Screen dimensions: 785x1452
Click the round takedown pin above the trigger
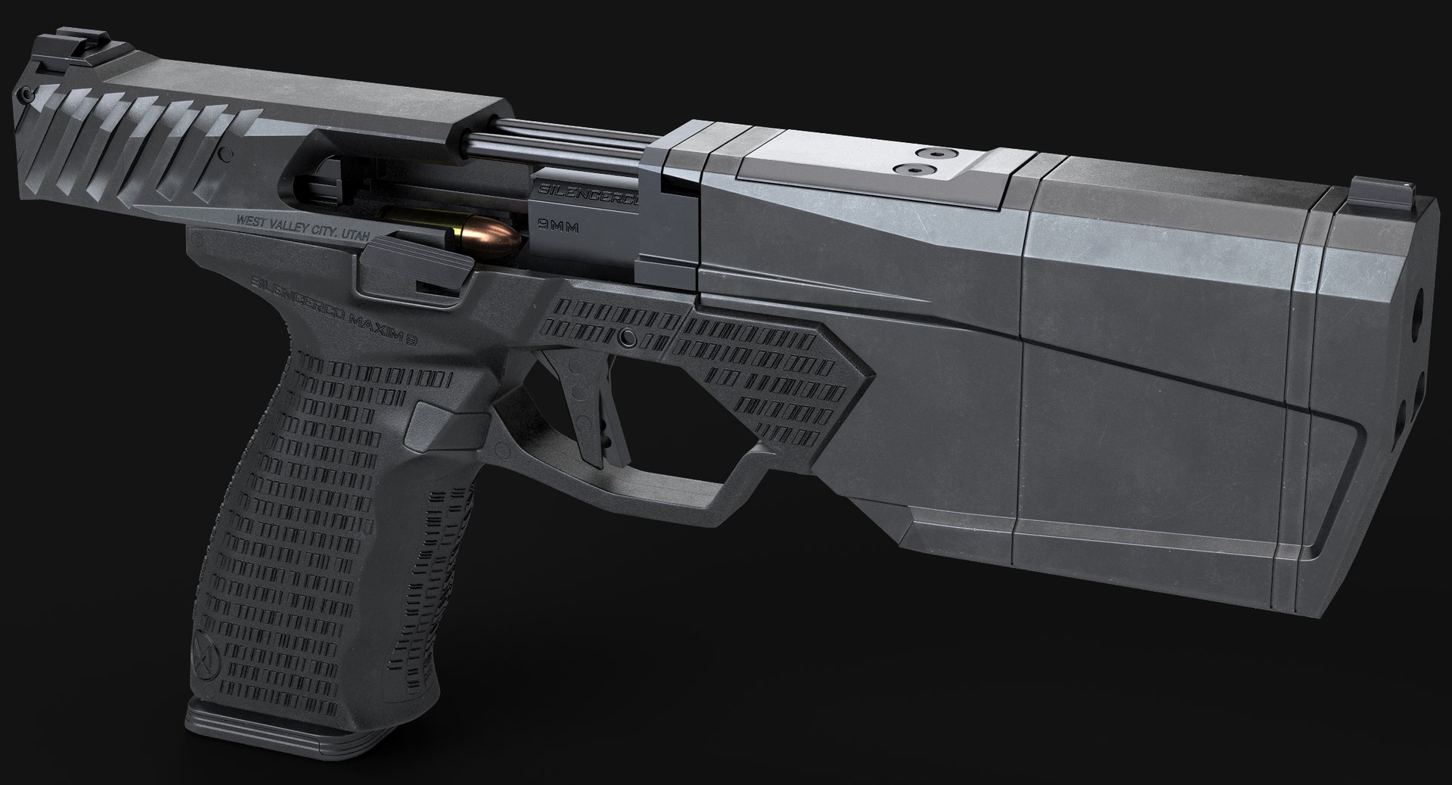pos(625,337)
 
